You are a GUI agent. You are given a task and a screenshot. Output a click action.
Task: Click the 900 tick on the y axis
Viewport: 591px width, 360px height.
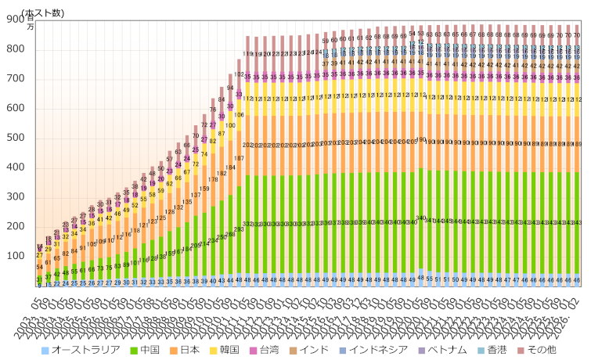tap(15, 20)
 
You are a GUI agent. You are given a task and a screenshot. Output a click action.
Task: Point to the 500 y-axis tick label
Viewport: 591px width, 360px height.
tap(15, 139)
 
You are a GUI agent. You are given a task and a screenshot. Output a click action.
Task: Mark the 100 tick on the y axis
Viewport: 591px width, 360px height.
tap(15, 256)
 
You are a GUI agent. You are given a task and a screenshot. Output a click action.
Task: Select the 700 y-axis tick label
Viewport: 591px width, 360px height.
tap(15, 79)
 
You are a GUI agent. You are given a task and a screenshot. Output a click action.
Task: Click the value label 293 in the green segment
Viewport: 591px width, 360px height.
tap(239, 229)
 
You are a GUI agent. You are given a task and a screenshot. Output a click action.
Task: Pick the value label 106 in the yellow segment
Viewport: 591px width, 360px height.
tap(239, 115)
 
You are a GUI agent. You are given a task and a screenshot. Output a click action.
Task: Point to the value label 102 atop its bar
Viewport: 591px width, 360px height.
tap(239, 74)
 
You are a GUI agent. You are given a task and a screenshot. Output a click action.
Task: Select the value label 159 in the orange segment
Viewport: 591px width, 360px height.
tap(204, 189)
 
